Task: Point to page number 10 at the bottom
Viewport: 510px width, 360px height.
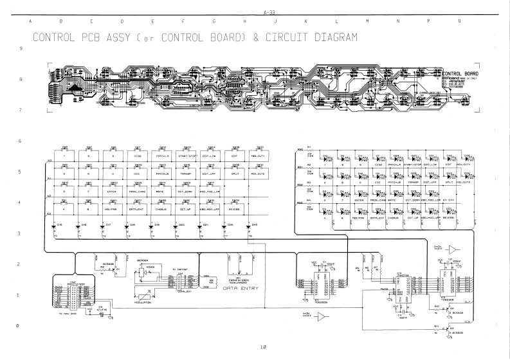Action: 264,347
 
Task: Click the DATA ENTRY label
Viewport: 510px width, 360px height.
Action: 241,288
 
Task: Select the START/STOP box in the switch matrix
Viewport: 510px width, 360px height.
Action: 188,156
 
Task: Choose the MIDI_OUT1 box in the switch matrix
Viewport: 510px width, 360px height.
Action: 260,156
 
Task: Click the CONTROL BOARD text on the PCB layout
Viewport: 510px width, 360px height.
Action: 462,74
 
